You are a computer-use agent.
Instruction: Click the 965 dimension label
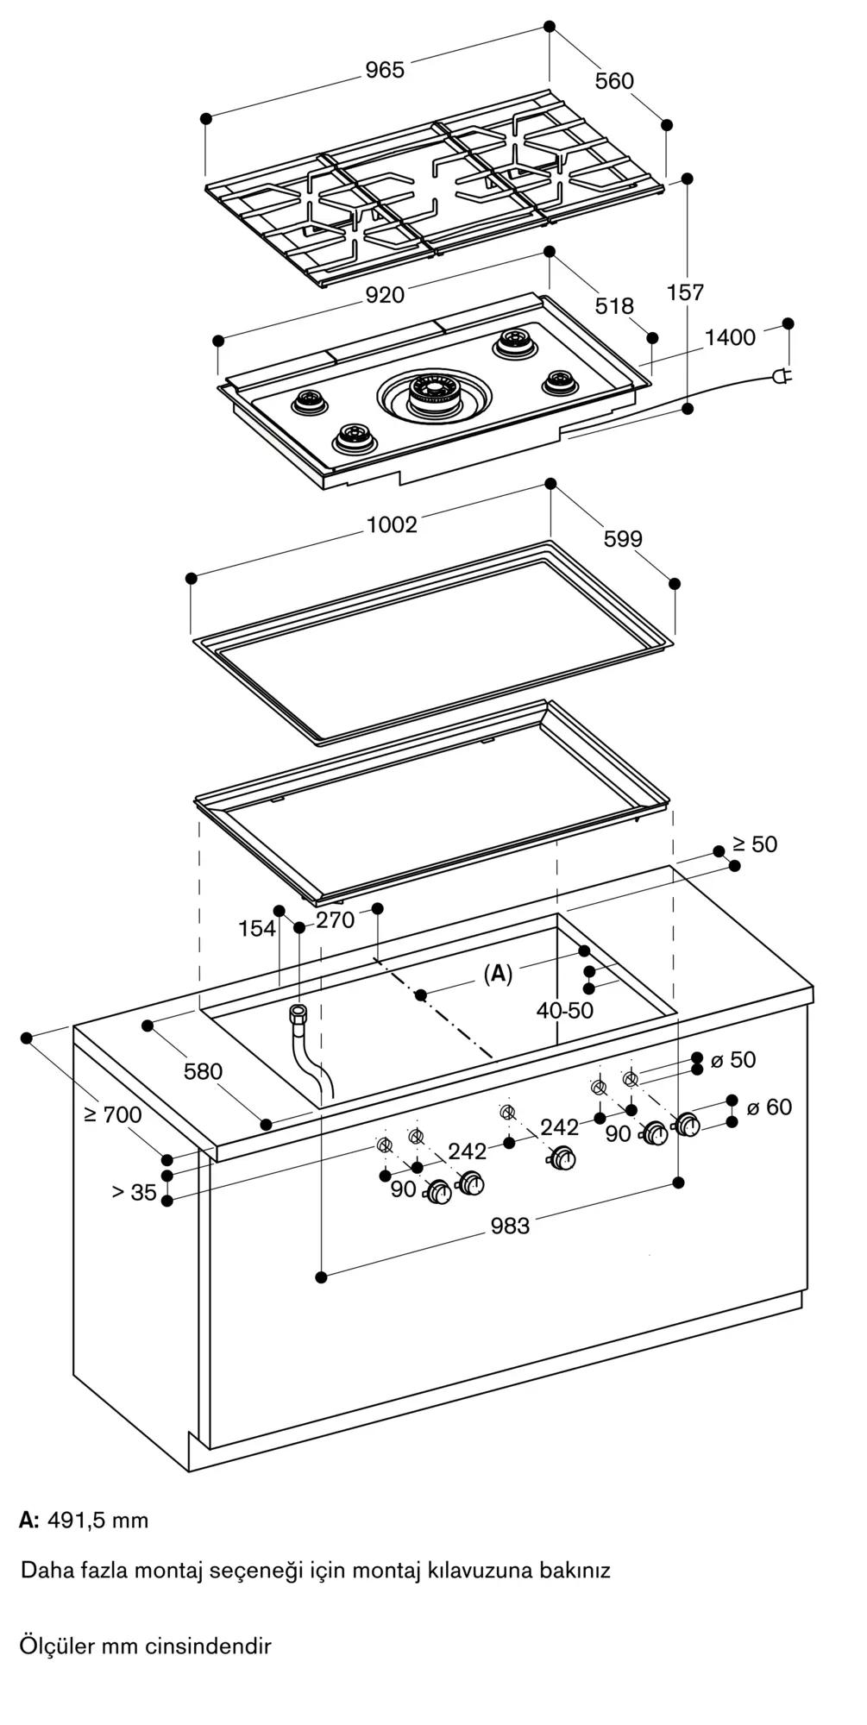click(x=385, y=70)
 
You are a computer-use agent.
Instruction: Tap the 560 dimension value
click(x=614, y=81)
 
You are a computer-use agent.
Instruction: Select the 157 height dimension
click(x=686, y=292)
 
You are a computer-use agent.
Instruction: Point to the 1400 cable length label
click(x=730, y=337)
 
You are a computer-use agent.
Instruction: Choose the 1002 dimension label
click(x=393, y=524)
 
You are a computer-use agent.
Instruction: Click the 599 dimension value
click(x=623, y=539)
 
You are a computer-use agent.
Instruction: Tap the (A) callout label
click(x=498, y=975)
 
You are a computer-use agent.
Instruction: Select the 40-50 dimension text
click(x=565, y=1010)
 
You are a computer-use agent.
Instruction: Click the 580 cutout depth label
click(x=203, y=1071)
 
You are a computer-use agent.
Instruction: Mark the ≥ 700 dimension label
click(x=113, y=1115)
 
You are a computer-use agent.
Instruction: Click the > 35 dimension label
click(x=134, y=1193)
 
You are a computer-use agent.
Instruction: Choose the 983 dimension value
click(x=510, y=1226)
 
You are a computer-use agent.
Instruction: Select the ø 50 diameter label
click(x=733, y=1059)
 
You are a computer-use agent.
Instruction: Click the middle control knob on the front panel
click(x=564, y=1159)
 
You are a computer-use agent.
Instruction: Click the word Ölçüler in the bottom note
click(x=57, y=1647)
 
